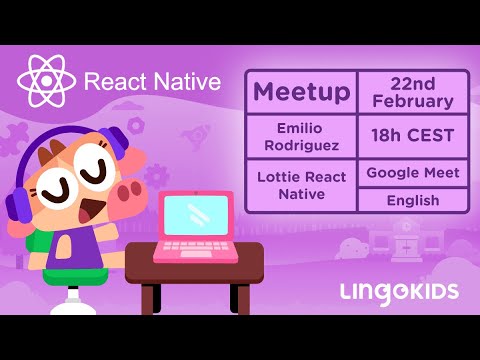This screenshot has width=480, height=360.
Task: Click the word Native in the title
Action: coord(186,82)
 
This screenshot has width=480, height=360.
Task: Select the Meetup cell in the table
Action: coord(301,93)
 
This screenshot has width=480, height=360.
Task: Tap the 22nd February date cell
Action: coord(413,92)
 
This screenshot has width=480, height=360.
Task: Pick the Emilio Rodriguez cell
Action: coord(301,136)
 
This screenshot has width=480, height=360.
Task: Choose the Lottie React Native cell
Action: coord(301,185)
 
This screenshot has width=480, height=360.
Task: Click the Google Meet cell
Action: coord(413,173)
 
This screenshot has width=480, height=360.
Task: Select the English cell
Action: coord(413,200)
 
